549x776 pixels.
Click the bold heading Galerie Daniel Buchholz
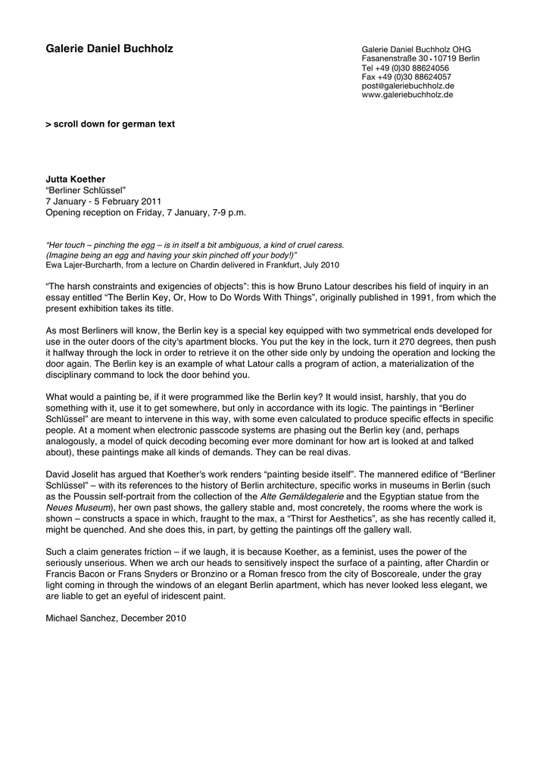click(110, 49)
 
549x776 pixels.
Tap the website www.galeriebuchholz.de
click(407, 95)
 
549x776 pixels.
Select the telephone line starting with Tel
click(405, 67)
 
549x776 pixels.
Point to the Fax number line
click(406, 77)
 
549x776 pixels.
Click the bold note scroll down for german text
click(111, 124)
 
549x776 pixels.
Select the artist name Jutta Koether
click(76, 179)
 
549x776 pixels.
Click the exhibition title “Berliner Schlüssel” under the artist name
click(86, 190)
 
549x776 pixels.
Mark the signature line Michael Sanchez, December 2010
click(116, 618)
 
